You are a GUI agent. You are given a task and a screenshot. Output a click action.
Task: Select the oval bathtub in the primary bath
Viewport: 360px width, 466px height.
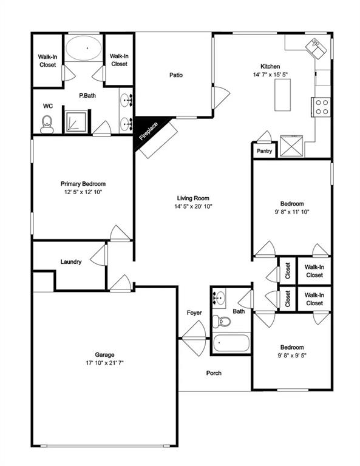(84, 48)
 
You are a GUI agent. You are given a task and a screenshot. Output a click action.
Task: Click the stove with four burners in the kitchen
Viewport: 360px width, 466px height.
(322, 107)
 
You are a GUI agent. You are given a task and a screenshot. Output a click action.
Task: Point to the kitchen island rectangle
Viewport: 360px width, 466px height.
(282, 95)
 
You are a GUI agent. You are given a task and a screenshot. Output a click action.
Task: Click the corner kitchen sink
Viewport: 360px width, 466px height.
(317, 46)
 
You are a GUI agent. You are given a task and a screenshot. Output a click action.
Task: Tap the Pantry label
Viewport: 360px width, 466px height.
(264, 151)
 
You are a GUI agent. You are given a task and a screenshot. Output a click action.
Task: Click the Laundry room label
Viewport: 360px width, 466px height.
(71, 262)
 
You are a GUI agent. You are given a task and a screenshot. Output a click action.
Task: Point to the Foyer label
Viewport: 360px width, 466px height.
(194, 312)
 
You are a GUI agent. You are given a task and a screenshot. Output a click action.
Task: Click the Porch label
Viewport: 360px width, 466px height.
(214, 373)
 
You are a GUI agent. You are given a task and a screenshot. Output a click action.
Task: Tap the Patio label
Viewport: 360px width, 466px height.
(176, 75)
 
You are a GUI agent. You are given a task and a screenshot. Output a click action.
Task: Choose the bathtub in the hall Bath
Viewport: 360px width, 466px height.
(231, 343)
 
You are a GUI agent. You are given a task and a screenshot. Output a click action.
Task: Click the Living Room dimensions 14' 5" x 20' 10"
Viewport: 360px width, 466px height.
(193, 206)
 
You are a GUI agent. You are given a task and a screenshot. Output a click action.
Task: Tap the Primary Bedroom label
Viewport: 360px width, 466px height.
(83, 184)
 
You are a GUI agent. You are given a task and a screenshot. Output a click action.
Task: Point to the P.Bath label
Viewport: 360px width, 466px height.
(89, 96)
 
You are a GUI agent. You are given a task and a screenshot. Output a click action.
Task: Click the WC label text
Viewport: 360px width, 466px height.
(47, 106)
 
